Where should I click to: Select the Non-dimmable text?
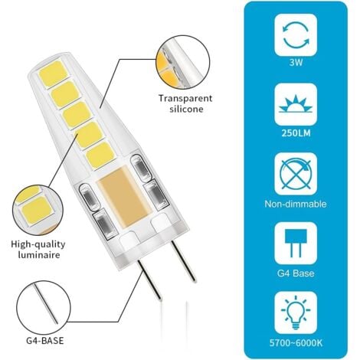coord(296,205)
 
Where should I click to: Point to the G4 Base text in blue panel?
coord(296,272)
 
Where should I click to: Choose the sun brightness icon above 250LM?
coord(296,105)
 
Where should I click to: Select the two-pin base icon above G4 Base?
coord(296,238)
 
